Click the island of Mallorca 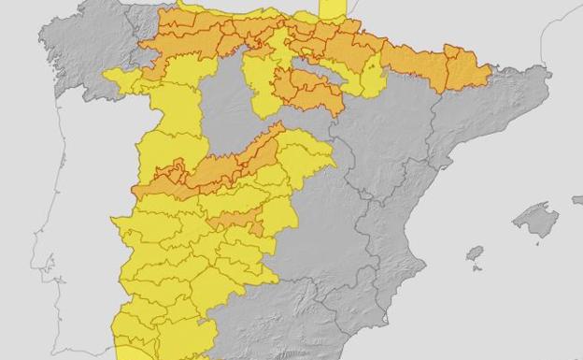click(x=535, y=221)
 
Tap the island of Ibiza click(x=475, y=253)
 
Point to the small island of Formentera click(x=479, y=269)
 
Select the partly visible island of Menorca click(x=577, y=199)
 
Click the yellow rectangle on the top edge click(x=333, y=8)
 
